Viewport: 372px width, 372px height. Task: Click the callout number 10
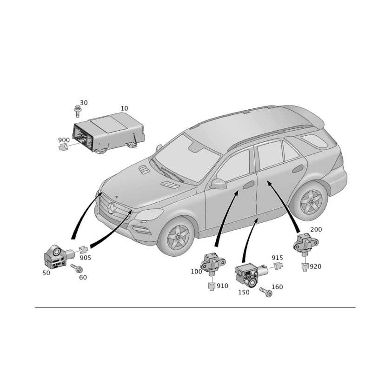124,108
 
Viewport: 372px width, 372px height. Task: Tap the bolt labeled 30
77,111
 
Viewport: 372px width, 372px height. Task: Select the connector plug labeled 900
63,147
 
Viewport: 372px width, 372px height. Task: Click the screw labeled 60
77,268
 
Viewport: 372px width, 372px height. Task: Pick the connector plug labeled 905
83,250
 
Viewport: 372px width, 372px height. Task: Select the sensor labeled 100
213,264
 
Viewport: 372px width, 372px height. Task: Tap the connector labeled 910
212,286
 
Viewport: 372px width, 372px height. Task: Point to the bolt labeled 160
266,292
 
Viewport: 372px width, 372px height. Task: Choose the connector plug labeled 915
278,266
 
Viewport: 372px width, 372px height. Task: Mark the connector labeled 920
305,267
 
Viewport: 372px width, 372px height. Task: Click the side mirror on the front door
218,184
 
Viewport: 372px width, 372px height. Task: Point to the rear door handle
298,168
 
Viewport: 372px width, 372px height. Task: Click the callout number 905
86,258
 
